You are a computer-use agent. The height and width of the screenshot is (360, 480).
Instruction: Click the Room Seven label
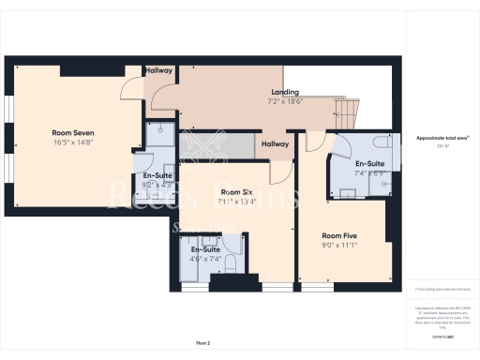72,133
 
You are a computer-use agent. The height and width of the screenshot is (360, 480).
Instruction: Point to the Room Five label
339,235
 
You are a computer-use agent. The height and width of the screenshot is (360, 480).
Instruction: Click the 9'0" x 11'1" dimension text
339,246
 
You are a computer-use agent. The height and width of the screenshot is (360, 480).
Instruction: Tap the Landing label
284,91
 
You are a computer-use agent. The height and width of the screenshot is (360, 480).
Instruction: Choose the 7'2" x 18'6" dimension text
284,100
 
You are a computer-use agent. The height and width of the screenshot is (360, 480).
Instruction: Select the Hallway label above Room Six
275,143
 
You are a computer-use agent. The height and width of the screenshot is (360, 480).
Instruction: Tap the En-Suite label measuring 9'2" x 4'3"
157,175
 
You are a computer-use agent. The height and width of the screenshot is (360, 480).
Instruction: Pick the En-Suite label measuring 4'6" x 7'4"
205,250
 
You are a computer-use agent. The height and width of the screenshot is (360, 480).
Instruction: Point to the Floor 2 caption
203,343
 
